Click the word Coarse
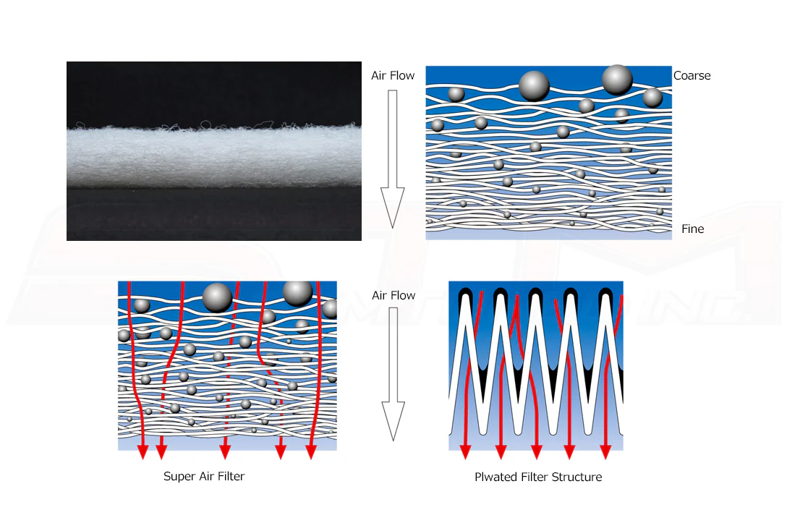[692, 76]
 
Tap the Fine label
[693, 229]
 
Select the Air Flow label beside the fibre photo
[393, 76]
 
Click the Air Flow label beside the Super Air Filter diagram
[393, 296]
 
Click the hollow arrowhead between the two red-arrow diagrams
[393, 420]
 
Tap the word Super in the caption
[179, 477]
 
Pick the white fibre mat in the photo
[214, 156]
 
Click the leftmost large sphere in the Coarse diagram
[534, 86]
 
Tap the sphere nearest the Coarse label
[652, 98]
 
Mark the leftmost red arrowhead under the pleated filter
[465, 451]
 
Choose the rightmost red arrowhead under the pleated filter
[605, 451]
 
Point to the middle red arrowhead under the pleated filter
[537, 451]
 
